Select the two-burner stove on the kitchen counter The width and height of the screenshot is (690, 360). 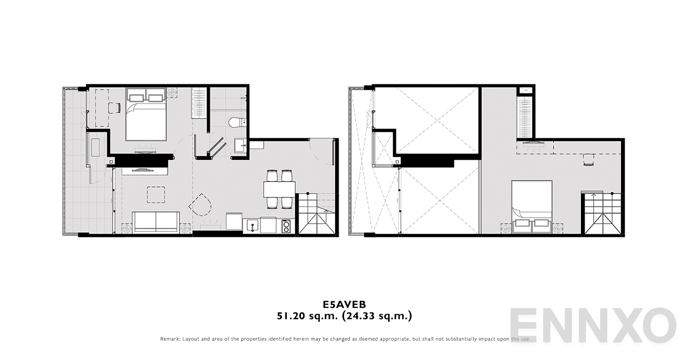pos(286,226)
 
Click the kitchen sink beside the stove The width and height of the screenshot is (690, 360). pos(252,225)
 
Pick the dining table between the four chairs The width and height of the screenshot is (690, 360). pos(279,189)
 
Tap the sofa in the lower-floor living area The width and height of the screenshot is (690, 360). pos(156,222)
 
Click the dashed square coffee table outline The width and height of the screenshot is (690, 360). pos(156,194)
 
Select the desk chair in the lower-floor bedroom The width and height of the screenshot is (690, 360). pos(114,107)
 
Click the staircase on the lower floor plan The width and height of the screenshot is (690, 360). pos(316,213)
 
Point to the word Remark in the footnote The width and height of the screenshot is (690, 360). pos(170,339)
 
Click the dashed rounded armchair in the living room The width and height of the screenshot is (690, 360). pos(201,205)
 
